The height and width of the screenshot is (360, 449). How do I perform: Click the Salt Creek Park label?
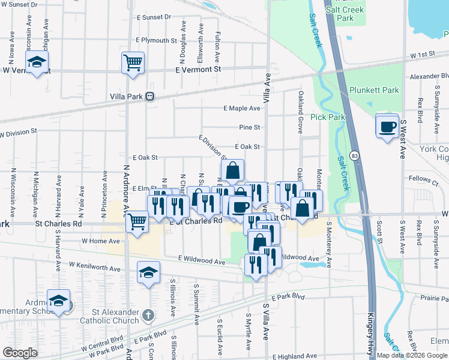pyautogui.click(x=345, y=14)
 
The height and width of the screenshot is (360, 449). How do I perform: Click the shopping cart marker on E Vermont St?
pyautogui.click(x=133, y=62)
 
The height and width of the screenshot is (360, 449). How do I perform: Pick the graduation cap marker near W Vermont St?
pyautogui.click(x=37, y=62)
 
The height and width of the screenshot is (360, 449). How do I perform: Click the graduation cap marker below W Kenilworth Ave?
pyautogui.click(x=148, y=273)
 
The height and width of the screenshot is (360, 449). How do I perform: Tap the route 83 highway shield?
pyautogui.click(x=355, y=156)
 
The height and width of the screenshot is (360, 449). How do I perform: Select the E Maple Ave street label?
pyautogui.click(x=242, y=109)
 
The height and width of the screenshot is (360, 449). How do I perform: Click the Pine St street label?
pyautogui.click(x=249, y=127)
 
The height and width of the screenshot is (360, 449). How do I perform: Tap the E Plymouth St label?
pyautogui.click(x=156, y=40)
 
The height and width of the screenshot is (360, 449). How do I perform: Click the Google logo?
pyautogui.click(x=20, y=353)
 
